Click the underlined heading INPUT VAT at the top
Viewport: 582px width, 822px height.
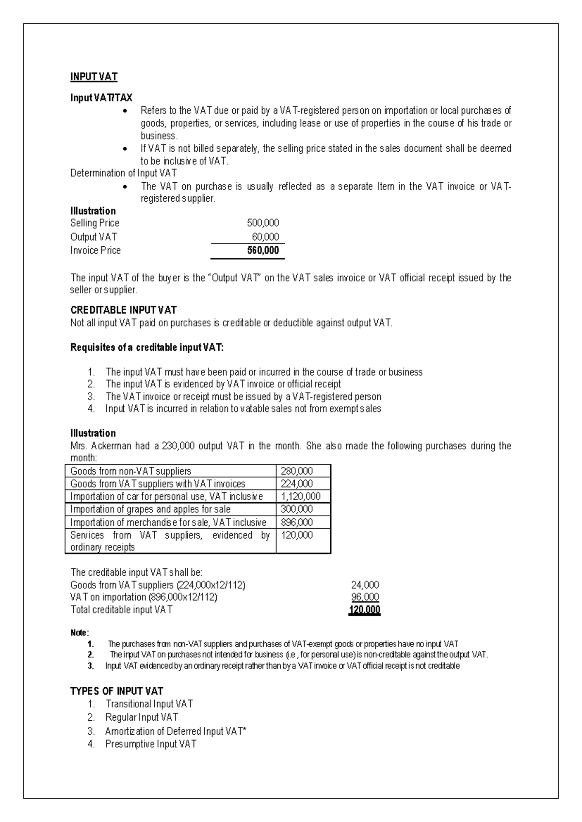pos(94,77)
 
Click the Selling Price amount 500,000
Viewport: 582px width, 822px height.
pos(263,223)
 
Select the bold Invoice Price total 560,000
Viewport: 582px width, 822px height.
pos(263,251)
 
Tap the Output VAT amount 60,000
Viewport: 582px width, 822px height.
pos(265,237)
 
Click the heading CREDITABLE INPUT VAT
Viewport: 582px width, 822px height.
pos(123,310)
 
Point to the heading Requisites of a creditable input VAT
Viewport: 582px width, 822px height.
pos(147,348)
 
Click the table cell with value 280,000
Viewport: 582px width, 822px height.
pos(297,471)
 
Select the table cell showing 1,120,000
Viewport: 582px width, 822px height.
pos(301,496)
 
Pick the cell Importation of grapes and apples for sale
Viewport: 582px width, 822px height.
pos(150,509)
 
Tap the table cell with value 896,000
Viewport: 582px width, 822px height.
pos(297,522)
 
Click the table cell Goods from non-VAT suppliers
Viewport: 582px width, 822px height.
pos(130,471)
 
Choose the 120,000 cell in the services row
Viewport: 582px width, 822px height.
pos(297,535)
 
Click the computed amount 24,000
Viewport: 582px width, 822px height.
pos(365,585)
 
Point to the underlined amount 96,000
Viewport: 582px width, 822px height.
pos(365,597)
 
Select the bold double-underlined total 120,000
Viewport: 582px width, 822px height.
pos(364,610)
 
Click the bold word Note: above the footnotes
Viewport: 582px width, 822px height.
pos(80,633)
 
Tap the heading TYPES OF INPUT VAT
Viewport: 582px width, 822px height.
pos(116,691)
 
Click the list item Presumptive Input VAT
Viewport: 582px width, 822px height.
pos(151,744)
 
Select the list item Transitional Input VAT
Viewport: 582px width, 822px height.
pos(149,704)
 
